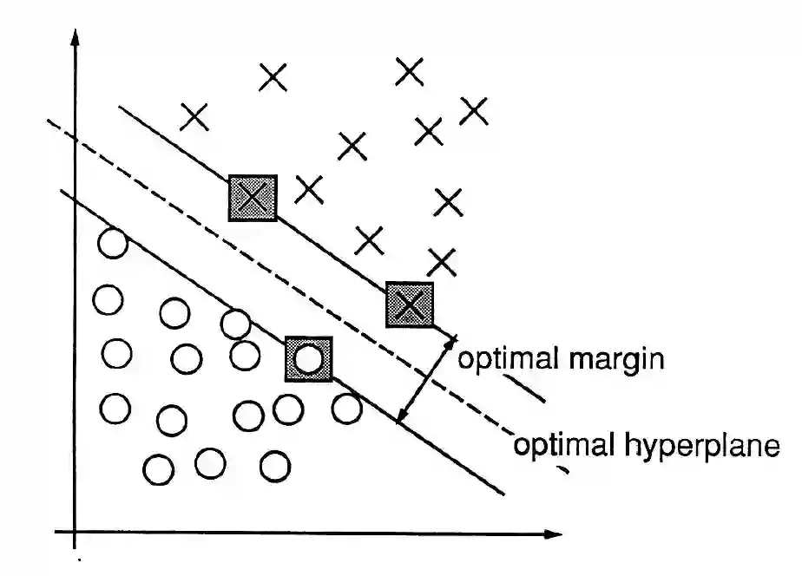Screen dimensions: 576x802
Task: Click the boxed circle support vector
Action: coord(308,358)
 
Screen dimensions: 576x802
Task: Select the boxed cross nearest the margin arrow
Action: coord(410,304)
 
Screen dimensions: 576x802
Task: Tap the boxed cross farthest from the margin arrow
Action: coord(253,198)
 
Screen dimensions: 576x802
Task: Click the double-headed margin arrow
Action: coord(425,379)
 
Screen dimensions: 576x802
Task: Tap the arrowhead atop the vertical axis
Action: coord(76,38)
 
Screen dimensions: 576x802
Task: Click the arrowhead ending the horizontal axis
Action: coord(553,533)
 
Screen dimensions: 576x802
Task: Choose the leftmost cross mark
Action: coord(194,115)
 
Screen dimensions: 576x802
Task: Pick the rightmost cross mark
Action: coord(474,110)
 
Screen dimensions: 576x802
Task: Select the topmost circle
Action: coord(112,244)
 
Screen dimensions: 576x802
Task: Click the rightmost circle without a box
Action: coord(346,408)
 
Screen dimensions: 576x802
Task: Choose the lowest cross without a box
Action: coord(442,260)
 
